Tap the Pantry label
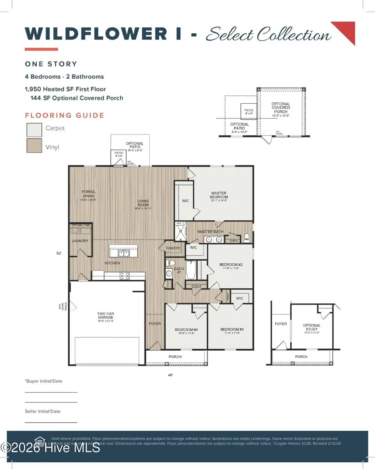(x=174, y=248)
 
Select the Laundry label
(x=80, y=241)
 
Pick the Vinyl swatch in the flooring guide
(x=34, y=146)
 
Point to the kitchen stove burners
(x=124, y=274)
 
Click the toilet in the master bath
(x=247, y=237)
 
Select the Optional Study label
(x=312, y=328)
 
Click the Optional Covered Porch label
(x=281, y=108)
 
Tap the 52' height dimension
(x=59, y=253)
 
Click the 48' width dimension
(x=170, y=375)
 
